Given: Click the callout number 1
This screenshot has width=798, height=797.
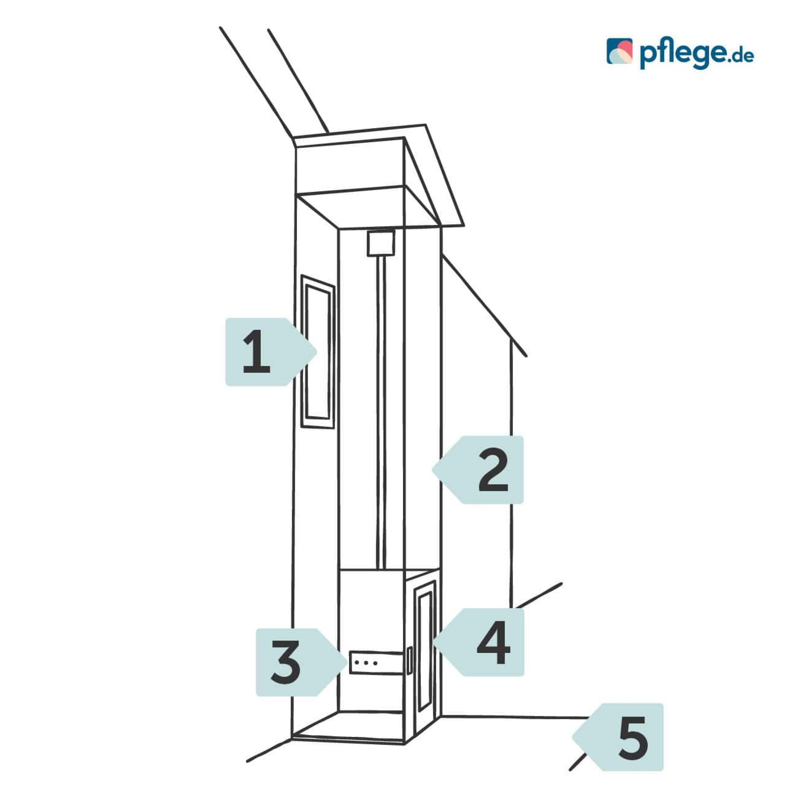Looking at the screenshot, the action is (271, 352).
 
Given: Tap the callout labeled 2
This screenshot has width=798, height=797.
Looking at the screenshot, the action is (478, 470).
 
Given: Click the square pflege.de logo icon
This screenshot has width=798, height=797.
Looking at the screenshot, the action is (619, 51).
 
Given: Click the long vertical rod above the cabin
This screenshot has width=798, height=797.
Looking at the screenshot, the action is (381, 413).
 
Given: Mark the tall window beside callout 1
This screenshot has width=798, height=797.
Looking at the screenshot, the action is (318, 352).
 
